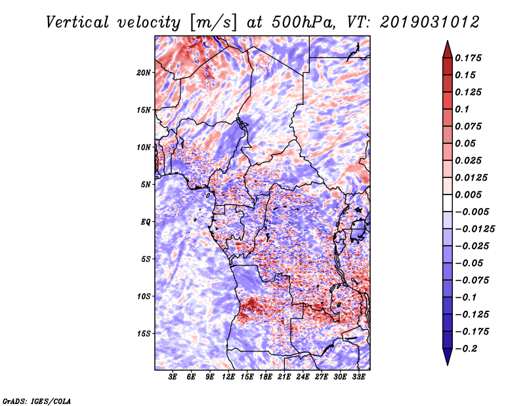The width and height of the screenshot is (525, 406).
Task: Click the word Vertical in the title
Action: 77,22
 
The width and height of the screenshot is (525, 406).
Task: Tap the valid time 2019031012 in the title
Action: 430,22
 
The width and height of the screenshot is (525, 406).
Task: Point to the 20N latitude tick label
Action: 144,73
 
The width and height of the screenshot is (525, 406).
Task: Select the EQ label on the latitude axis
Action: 145,222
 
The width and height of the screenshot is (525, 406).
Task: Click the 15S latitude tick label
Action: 144,334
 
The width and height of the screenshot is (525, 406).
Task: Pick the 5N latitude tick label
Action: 146,185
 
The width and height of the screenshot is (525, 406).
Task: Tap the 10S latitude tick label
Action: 144,296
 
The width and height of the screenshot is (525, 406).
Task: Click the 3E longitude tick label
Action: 173,377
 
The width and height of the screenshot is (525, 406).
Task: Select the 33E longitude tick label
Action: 358,377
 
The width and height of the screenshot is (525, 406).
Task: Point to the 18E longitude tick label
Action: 266,377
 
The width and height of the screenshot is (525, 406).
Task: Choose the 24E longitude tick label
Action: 303,377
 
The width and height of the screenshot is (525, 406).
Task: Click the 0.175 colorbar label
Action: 469,58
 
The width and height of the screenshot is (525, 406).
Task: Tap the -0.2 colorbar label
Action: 466,349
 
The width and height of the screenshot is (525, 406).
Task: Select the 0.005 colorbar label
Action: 469,194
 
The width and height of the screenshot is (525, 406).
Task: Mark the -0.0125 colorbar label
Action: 474,229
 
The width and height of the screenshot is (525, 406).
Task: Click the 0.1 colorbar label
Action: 462,109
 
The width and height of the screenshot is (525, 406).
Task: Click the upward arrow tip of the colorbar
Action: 448,41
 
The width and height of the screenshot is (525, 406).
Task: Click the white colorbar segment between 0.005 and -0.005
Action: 448,203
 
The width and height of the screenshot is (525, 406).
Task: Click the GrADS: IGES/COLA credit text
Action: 37,401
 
